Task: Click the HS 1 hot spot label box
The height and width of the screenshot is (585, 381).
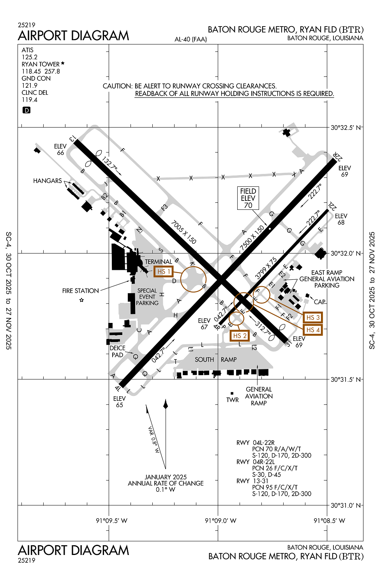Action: (x=164, y=271)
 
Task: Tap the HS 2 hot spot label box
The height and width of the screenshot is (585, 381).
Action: (x=240, y=336)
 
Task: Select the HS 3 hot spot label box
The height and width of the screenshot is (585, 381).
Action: (x=313, y=317)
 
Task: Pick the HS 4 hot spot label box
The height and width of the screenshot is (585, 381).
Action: (x=313, y=330)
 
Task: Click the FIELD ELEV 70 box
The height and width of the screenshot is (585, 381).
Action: (x=248, y=198)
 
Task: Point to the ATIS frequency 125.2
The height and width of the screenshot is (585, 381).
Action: (x=30, y=57)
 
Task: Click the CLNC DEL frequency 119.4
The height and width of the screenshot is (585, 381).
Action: (x=30, y=100)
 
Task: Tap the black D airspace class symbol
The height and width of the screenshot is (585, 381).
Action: (x=26, y=110)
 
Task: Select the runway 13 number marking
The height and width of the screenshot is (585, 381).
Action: (x=72, y=138)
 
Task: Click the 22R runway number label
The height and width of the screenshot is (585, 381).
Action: (x=337, y=156)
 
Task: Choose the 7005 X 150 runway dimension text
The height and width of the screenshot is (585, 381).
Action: (x=183, y=232)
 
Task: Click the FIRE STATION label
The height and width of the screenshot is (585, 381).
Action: (x=81, y=291)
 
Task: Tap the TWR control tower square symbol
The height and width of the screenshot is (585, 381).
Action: (x=232, y=394)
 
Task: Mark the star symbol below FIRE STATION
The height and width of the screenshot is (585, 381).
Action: (x=81, y=300)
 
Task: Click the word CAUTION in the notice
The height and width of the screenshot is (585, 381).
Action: (x=117, y=86)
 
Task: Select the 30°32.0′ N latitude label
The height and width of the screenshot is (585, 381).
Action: (x=345, y=253)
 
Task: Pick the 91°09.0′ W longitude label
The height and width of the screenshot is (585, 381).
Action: (x=220, y=521)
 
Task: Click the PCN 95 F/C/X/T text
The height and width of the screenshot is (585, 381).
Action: (x=275, y=487)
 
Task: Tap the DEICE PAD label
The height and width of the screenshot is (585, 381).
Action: (x=117, y=351)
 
